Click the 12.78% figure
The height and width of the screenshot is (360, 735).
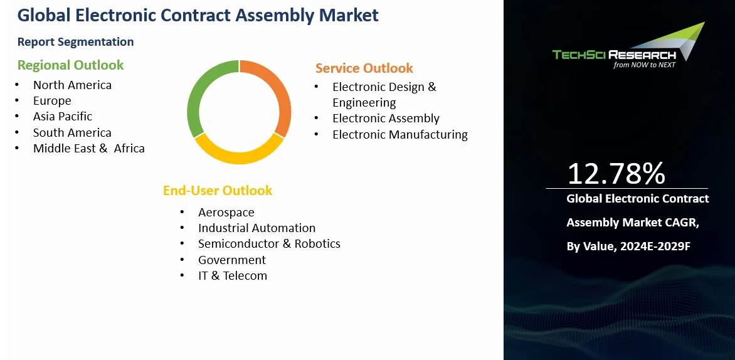616,173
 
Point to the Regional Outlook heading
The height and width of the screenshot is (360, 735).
70,65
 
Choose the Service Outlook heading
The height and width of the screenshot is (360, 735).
364,68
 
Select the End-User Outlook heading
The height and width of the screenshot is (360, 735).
218,190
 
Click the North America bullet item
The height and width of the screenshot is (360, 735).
72,85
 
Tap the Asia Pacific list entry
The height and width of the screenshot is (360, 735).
63,116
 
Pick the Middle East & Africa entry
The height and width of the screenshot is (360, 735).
89,149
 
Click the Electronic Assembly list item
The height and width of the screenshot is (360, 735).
386,119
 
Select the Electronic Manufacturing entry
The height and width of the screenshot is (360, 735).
400,135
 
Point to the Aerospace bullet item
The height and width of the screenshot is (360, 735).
226,213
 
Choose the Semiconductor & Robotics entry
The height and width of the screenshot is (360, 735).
270,244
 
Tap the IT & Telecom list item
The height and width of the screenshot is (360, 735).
233,275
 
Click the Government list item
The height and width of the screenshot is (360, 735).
232,260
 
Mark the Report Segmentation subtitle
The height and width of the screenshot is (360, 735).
75,42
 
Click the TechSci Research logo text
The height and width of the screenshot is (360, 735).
614,55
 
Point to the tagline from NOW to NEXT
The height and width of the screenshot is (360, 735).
645,65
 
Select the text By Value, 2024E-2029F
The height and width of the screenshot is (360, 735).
628,246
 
